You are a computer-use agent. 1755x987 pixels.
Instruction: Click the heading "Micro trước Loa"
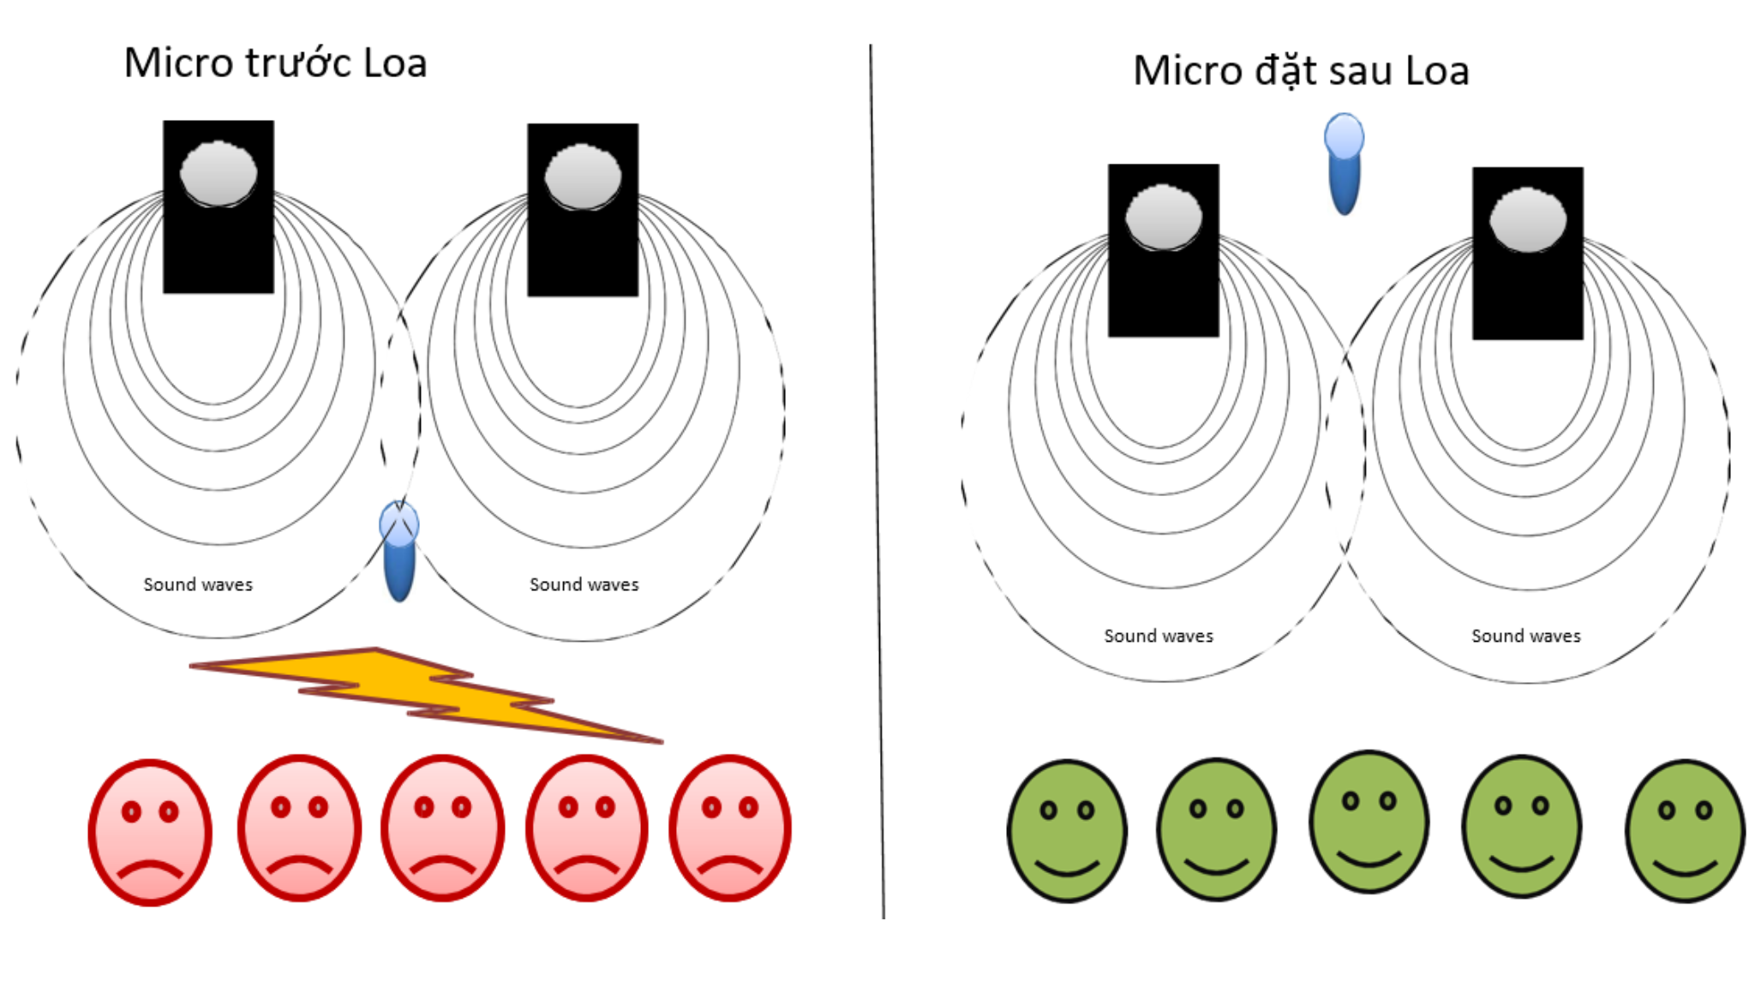(275, 63)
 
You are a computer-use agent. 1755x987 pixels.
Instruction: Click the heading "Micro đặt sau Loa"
(1301, 71)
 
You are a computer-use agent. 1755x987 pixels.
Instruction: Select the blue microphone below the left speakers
(398, 550)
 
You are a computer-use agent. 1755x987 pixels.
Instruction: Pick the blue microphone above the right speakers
(1344, 163)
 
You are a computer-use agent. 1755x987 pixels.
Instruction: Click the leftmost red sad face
(150, 831)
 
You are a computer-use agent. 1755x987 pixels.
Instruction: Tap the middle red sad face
(443, 828)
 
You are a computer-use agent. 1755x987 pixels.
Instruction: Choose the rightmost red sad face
(730, 828)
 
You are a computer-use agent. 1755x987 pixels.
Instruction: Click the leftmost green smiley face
(1067, 830)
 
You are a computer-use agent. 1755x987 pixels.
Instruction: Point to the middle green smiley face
(1369, 822)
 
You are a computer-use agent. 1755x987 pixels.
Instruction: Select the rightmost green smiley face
(1685, 830)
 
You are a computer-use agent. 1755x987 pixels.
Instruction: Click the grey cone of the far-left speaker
(219, 174)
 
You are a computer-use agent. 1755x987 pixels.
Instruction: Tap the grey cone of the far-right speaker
(1528, 219)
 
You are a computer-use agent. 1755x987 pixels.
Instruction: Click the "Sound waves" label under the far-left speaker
(198, 584)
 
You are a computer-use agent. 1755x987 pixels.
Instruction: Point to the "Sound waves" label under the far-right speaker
(1526, 636)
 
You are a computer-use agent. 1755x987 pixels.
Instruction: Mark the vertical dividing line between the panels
(877, 480)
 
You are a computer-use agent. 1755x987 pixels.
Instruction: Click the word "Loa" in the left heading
(394, 63)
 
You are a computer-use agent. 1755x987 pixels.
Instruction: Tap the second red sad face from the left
(299, 828)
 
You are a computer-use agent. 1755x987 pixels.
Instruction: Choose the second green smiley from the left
(1216, 829)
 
